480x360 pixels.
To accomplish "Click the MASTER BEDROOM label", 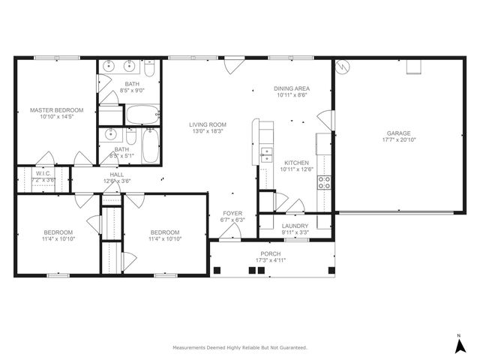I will coord(56,110).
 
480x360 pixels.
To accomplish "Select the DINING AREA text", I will coord(292,88).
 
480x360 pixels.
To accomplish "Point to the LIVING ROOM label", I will coord(208,124).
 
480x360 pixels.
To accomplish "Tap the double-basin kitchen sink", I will coord(266,154).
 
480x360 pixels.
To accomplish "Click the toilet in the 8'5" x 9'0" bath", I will coord(149,70).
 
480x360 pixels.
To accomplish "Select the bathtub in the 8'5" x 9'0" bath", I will coord(142,115).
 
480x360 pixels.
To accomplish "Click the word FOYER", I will coord(232,213).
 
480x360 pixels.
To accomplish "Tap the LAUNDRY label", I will coord(295,226).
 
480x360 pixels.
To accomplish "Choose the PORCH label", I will coord(271,253).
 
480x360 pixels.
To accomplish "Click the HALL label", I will coord(117,173).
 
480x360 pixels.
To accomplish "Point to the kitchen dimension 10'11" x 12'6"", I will coord(295,169).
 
